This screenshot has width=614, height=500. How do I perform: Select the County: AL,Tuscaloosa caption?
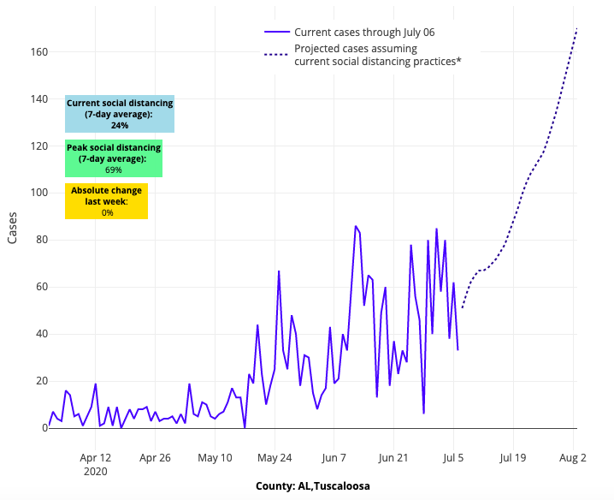point(312,485)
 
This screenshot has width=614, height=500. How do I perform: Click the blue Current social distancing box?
point(120,114)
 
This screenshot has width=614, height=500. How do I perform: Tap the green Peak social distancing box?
point(113,158)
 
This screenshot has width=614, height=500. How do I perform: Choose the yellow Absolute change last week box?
point(107,201)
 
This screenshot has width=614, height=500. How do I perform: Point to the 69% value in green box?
point(113,170)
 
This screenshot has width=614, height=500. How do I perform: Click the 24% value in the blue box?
point(120,125)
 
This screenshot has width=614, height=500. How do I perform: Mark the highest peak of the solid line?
point(356,226)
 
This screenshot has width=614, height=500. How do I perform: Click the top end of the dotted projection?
point(577,28)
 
